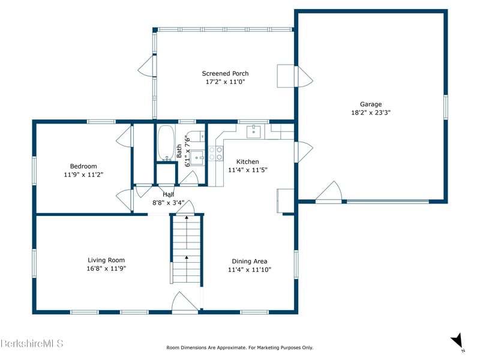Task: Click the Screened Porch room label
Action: point(225,73)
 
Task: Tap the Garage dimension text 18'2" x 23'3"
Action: point(371,112)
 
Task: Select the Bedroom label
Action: point(83,166)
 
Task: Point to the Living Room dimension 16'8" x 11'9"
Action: point(106,268)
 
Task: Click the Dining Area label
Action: point(250,262)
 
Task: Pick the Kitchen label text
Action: point(248,161)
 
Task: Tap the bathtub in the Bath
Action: point(166,143)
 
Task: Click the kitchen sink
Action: point(254,131)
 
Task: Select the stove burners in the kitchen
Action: point(216,153)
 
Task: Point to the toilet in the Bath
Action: point(196,136)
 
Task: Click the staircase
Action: point(187,250)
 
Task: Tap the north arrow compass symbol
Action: point(457,342)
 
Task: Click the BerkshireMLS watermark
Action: point(32,343)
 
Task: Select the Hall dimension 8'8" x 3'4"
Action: point(169,203)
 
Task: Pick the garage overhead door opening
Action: point(388,202)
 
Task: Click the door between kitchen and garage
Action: point(304,152)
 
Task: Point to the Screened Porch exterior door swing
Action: point(146,66)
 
